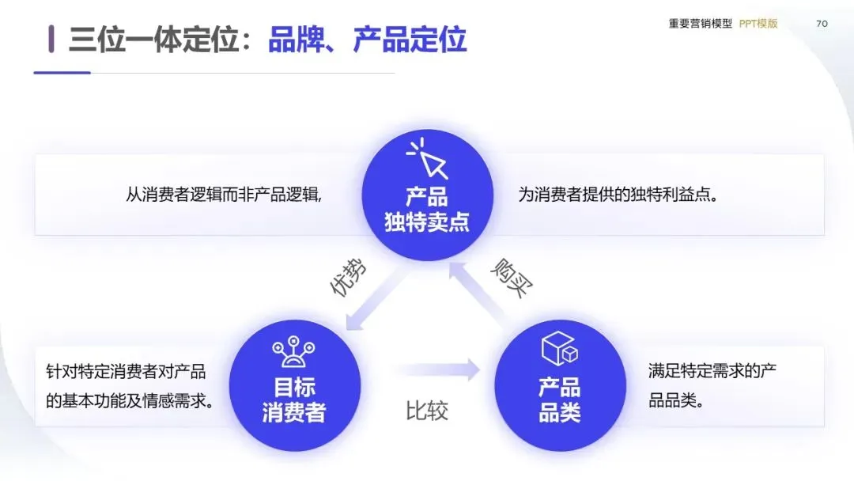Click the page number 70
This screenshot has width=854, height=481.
point(822,24)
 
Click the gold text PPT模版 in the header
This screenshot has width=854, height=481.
point(758,24)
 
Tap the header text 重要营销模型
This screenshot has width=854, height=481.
point(701,24)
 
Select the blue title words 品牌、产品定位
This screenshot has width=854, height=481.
point(368,39)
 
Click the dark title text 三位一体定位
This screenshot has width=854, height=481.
point(154,39)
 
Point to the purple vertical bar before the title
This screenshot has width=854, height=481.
point(51,39)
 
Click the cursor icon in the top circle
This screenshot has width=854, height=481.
point(427,160)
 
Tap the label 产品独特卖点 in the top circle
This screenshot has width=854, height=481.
point(427,210)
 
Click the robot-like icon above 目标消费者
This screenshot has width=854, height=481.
point(293,354)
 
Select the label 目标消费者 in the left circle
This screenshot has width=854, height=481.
point(293,400)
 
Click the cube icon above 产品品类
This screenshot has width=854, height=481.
point(560,350)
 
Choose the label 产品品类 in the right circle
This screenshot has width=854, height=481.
point(560,400)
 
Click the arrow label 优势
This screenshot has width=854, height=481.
point(348,278)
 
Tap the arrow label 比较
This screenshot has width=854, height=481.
point(427,411)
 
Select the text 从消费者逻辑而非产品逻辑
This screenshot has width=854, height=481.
point(224,195)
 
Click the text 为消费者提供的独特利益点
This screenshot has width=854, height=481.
point(618,195)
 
